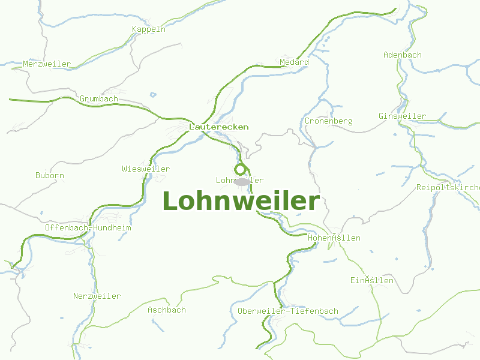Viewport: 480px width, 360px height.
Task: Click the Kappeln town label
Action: tap(148, 29)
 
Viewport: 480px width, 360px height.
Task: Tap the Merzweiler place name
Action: tap(47, 64)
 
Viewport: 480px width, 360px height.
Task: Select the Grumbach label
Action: tap(99, 98)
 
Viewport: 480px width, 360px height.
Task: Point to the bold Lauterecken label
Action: tap(218, 127)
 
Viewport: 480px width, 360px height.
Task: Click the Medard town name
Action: tap(294, 62)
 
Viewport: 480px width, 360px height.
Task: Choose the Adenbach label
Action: tap(402, 55)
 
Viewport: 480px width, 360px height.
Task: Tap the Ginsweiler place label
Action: tap(402, 116)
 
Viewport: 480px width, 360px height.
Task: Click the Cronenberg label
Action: tap(328, 121)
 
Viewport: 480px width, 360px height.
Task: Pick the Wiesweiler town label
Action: tap(145, 169)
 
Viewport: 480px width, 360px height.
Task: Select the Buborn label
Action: tap(49, 176)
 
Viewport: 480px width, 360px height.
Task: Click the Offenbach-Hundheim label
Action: tap(88, 228)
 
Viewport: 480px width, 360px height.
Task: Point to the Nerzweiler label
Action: tap(97, 296)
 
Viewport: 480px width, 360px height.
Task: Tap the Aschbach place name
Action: tap(167, 310)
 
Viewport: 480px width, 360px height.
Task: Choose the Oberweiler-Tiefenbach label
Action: tap(287, 311)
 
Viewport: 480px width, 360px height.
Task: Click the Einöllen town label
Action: tap(372, 280)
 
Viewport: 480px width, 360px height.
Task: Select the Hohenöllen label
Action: tap(334, 238)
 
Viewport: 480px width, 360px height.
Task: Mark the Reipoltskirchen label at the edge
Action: tap(448, 188)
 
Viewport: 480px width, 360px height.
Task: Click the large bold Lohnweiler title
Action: tap(241, 201)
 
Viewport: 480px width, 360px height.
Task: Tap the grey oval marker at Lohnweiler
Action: tap(242, 181)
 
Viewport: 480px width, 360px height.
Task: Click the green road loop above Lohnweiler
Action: tap(241, 169)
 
